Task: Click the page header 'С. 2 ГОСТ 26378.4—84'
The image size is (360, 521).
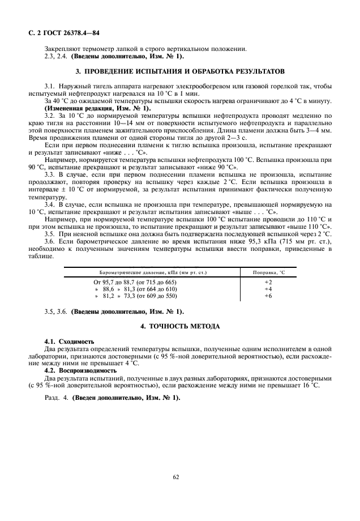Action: (59, 33)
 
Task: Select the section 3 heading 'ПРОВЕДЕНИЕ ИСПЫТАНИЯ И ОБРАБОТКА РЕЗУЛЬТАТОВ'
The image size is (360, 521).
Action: (179, 71)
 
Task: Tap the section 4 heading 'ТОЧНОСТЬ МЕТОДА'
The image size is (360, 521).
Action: (179, 327)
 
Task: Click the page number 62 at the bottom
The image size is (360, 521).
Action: (179, 477)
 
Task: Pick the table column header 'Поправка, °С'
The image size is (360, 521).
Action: (268, 273)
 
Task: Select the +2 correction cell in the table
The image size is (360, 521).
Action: (268, 281)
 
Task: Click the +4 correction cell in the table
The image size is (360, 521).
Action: (268, 288)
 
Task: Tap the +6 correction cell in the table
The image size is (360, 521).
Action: (268, 296)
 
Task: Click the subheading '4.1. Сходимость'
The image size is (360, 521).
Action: (69, 342)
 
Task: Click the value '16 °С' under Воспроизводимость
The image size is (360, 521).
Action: (311, 385)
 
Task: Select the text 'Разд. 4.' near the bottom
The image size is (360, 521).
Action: (56, 398)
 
